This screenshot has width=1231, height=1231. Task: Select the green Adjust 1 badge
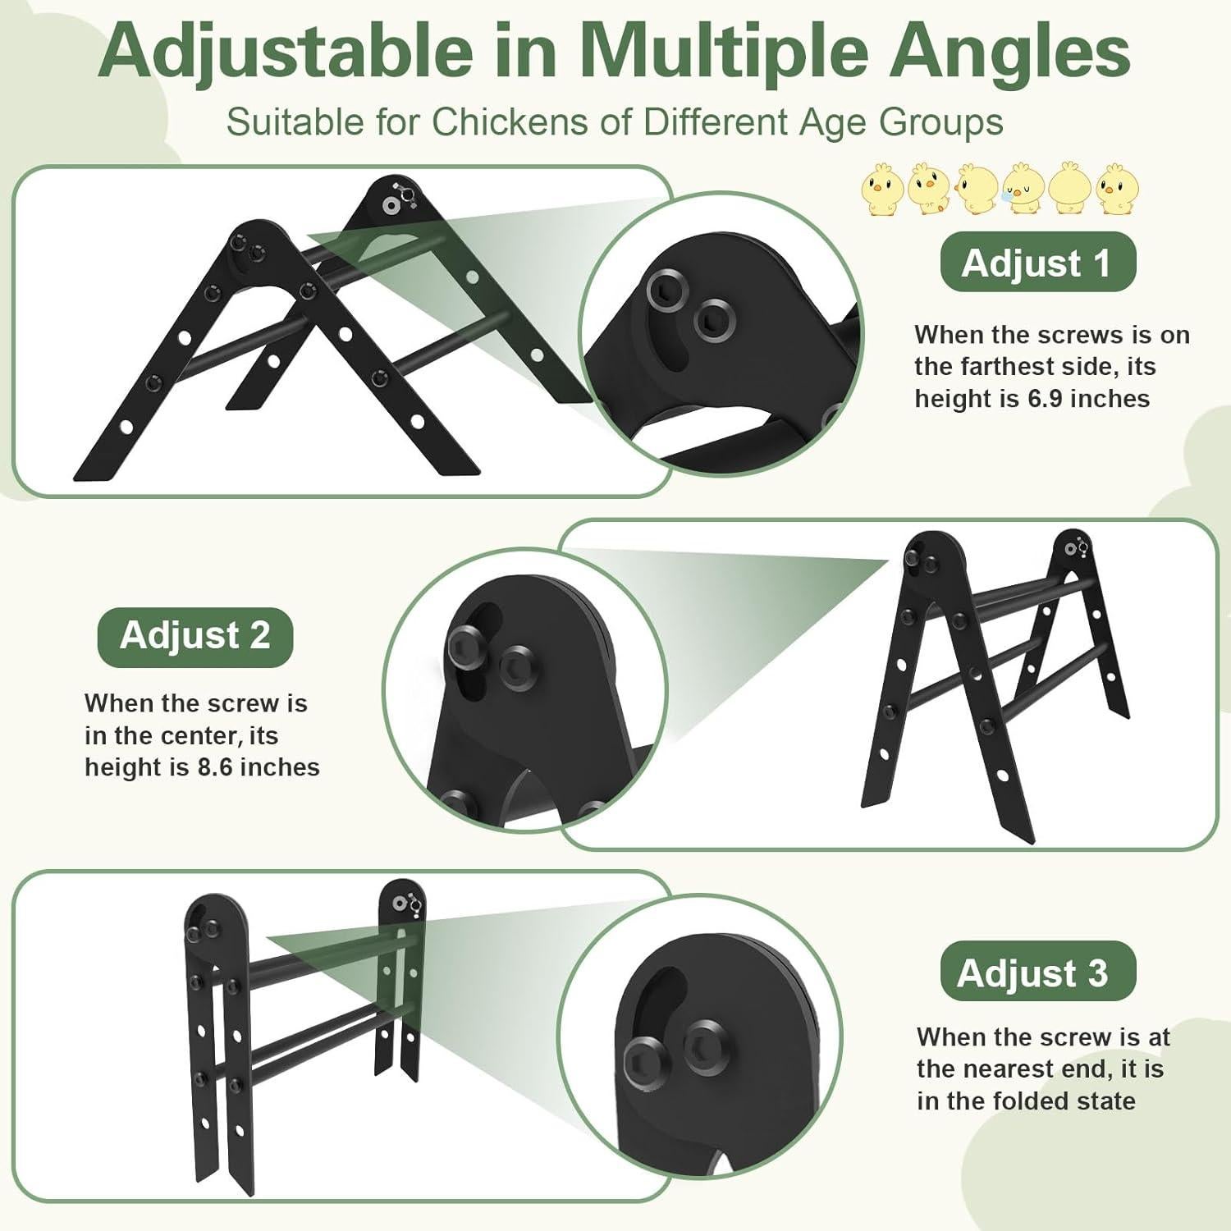[x=1037, y=263]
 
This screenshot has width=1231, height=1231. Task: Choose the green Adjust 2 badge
[x=195, y=636]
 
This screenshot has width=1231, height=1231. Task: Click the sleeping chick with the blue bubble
[x=1023, y=190]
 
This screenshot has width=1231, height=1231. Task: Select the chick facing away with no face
[x=1070, y=190]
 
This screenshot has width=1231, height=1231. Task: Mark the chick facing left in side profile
[x=977, y=190]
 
